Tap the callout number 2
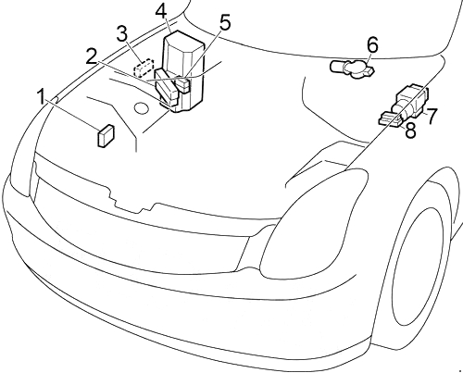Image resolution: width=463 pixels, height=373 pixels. point(92,56)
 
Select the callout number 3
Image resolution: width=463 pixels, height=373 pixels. point(122,34)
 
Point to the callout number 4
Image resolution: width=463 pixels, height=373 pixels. point(161,12)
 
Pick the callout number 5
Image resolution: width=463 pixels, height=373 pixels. point(224,23)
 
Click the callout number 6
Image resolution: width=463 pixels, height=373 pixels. point(372,44)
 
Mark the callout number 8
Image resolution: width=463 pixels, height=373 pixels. point(410,130)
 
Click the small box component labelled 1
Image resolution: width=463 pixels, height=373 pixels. point(106,136)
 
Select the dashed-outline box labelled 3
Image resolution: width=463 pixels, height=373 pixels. point(144,68)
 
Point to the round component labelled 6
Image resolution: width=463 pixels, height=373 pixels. point(352,68)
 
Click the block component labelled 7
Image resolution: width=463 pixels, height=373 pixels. point(411,101)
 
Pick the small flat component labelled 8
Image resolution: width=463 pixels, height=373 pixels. point(390,119)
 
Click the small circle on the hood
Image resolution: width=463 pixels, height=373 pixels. point(142,107)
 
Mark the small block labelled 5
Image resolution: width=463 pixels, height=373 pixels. point(182,85)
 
